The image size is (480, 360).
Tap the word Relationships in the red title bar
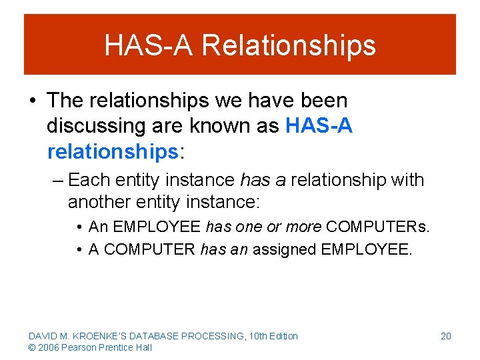[289, 45]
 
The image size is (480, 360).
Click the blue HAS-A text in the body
[319, 126]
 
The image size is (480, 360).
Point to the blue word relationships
[112, 151]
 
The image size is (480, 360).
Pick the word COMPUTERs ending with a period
[378, 227]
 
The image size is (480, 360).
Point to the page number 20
[446, 336]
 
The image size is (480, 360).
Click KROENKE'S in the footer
[97, 336]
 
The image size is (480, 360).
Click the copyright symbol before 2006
[32, 347]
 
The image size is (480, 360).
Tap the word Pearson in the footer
[75, 347]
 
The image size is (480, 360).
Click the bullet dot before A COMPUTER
[79, 251]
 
